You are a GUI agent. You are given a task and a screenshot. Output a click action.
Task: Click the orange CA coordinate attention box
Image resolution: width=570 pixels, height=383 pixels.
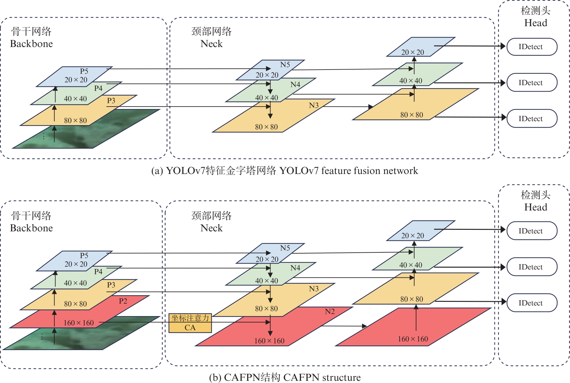tap(190, 323)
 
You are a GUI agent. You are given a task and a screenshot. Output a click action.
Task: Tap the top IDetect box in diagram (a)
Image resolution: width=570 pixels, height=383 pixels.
tap(532, 47)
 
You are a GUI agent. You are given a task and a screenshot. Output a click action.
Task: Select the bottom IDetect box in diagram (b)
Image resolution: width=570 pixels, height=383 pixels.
tap(532, 303)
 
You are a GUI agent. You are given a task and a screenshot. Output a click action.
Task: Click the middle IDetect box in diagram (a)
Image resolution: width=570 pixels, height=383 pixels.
tap(532, 82)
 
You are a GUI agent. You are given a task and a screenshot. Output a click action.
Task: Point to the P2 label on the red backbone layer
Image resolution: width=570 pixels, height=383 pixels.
tap(123, 301)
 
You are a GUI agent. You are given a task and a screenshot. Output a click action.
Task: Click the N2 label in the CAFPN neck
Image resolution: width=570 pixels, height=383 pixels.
tap(330, 311)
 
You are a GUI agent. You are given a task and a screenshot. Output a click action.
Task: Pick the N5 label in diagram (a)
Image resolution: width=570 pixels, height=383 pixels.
tap(285, 65)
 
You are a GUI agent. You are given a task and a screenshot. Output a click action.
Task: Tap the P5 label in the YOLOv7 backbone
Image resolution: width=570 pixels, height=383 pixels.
tap(84, 71)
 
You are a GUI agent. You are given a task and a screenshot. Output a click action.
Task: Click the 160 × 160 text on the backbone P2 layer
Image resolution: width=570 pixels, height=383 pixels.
tap(79, 323)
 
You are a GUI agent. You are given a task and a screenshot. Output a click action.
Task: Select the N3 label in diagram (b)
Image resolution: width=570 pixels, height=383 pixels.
tap(314, 289)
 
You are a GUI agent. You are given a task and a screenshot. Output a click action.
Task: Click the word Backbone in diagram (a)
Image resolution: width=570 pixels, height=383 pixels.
tap(31, 44)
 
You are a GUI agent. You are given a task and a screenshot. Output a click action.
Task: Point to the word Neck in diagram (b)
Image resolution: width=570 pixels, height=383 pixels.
tap(212, 228)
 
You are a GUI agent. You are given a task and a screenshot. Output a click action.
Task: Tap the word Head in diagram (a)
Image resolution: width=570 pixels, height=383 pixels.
tap(536, 23)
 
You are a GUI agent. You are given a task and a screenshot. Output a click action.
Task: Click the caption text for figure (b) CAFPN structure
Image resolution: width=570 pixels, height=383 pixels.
tap(285, 378)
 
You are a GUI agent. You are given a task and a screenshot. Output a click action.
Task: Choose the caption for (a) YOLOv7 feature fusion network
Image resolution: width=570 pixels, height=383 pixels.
tap(285, 171)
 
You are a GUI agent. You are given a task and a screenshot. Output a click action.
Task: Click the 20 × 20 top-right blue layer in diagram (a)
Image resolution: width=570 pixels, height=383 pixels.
tap(413, 52)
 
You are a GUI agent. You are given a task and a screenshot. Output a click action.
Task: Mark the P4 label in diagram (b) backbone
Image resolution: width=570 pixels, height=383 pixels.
tap(98, 272)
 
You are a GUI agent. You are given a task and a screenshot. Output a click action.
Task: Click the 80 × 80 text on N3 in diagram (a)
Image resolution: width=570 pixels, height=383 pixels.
tap(266, 127)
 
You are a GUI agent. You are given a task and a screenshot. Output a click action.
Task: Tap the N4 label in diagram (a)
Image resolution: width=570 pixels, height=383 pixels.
tap(295, 85)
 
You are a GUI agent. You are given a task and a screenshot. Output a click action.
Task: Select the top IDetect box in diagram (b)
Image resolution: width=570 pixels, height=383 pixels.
tap(532, 231)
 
